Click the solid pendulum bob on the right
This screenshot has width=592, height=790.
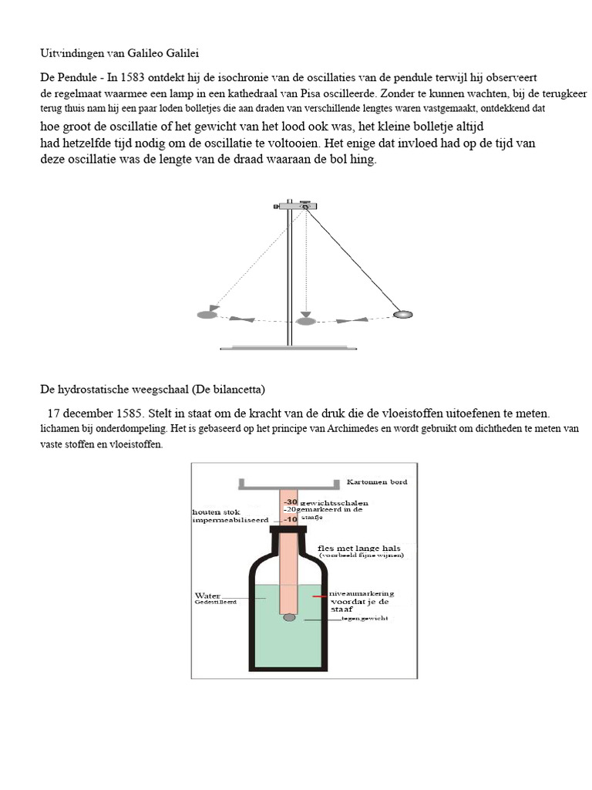click(403, 314)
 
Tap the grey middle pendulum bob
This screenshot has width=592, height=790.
click(306, 320)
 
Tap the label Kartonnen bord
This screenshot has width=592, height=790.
click(378, 481)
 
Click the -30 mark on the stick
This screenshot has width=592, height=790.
click(291, 501)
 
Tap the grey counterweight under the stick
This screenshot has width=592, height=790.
click(288, 618)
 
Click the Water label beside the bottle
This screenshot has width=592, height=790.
click(207, 596)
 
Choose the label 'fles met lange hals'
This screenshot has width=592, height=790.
click(359, 549)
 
